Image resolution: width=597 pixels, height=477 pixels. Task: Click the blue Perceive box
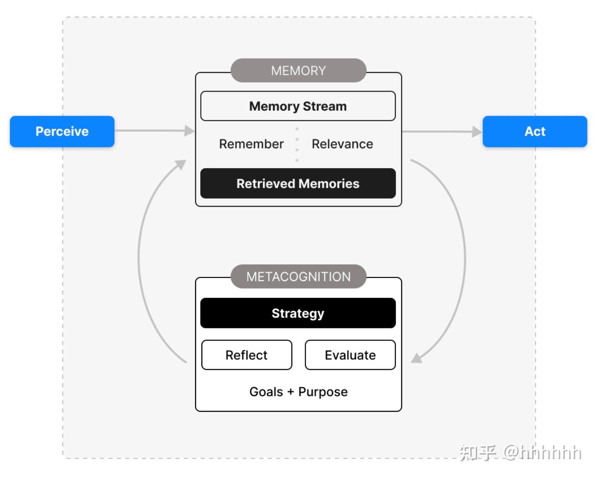pyautogui.click(x=62, y=131)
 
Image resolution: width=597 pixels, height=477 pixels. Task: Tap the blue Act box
pyautogui.click(x=535, y=131)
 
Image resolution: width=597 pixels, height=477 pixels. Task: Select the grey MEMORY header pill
pyautogui.click(x=298, y=70)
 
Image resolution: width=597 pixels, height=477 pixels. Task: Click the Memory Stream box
pyautogui.click(x=298, y=106)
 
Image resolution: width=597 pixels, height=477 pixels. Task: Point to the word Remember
pyautogui.click(x=251, y=144)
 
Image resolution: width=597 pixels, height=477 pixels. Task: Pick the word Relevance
pyautogui.click(x=342, y=144)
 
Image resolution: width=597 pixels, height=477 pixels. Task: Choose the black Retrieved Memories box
pyautogui.click(x=298, y=183)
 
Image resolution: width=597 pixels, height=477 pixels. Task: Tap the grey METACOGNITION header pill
pyautogui.click(x=298, y=276)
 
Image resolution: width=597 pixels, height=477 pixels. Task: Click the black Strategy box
pyautogui.click(x=298, y=313)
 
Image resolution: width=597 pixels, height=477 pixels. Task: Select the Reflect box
pyautogui.click(x=246, y=355)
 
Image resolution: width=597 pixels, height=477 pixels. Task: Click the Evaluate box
pyautogui.click(x=350, y=355)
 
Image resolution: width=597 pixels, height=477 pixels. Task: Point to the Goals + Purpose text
pyautogui.click(x=298, y=392)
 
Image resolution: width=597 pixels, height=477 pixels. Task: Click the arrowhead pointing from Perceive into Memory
pyautogui.click(x=190, y=131)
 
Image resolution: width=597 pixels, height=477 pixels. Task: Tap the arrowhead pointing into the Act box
pyautogui.click(x=477, y=132)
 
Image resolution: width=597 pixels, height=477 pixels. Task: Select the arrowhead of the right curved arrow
pyautogui.click(x=417, y=358)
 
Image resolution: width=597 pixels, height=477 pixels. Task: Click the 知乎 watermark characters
pyautogui.click(x=478, y=453)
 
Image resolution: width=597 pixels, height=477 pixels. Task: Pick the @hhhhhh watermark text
pyautogui.click(x=542, y=453)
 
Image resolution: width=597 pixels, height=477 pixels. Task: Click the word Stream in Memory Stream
pyautogui.click(x=325, y=106)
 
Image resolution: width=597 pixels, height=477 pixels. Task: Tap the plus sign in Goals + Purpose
pyautogui.click(x=291, y=392)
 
